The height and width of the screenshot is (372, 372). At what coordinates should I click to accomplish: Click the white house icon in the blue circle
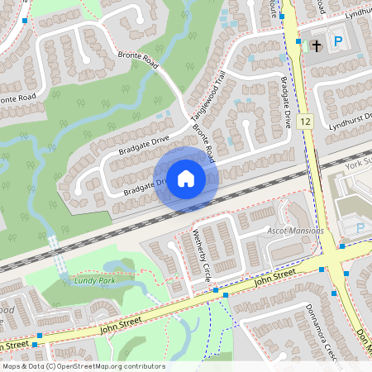coord(186,178)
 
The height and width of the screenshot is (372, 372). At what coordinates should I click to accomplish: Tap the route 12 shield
coord(306,122)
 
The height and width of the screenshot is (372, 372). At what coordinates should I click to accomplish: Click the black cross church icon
coord(315,47)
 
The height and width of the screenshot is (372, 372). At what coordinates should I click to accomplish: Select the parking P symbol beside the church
coord(337,41)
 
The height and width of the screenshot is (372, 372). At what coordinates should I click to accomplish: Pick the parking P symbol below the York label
coord(360,227)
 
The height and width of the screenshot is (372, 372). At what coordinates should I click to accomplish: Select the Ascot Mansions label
coord(295,231)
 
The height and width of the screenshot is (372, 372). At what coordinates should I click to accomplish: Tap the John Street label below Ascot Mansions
coord(274,277)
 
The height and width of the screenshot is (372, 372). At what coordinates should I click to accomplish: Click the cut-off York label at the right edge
coord(359,165)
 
